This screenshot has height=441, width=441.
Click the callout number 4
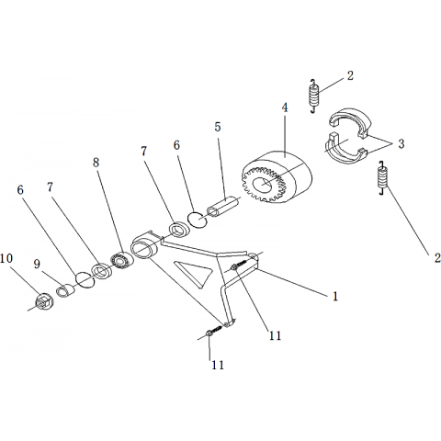[x=285, y=107]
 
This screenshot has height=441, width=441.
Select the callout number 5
[x=218, y=127]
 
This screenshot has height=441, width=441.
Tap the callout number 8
[x=96, y=163]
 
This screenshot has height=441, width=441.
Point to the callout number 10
[x=6, y=258]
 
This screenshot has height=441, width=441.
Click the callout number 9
[x=37, y=264]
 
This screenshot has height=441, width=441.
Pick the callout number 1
[x=335, y=296]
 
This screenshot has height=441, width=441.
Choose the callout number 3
[x=401, y=143]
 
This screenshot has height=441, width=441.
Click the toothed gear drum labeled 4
[x=277, y=177]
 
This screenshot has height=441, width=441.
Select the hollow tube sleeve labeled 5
[x=223, y=206]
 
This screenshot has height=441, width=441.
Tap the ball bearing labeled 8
[x=122, y=260]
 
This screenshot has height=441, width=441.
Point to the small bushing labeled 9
[x=66, y=291]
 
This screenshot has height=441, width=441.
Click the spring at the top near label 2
[x=313, y=96]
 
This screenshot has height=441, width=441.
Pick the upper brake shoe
[x=351, y=122]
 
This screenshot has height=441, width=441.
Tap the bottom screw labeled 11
[x=213, y=331]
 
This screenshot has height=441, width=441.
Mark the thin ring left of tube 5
[x=198, y=220]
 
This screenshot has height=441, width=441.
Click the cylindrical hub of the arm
[x=144, y=246]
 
